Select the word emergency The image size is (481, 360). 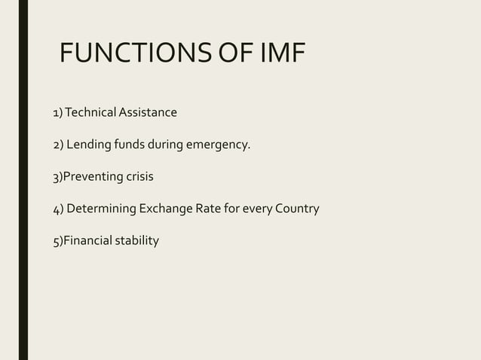click(219, 145)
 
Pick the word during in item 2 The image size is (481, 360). click(167, 145)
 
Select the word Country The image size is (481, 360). click(296, 209)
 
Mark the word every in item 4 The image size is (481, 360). click(258, 209)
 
